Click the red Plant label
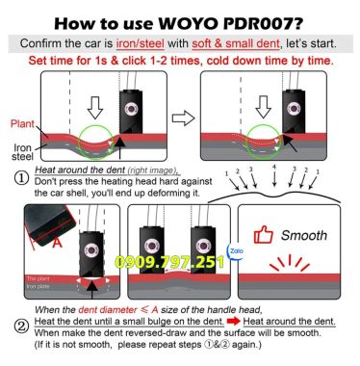[x=23, y=124]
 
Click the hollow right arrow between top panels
[x=185, y=118]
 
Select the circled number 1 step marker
[x=20, y=178]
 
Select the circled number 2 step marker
[x=20, y=327]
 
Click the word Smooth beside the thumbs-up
[x=305, y=233]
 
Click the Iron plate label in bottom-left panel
[x=41, y=287]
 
